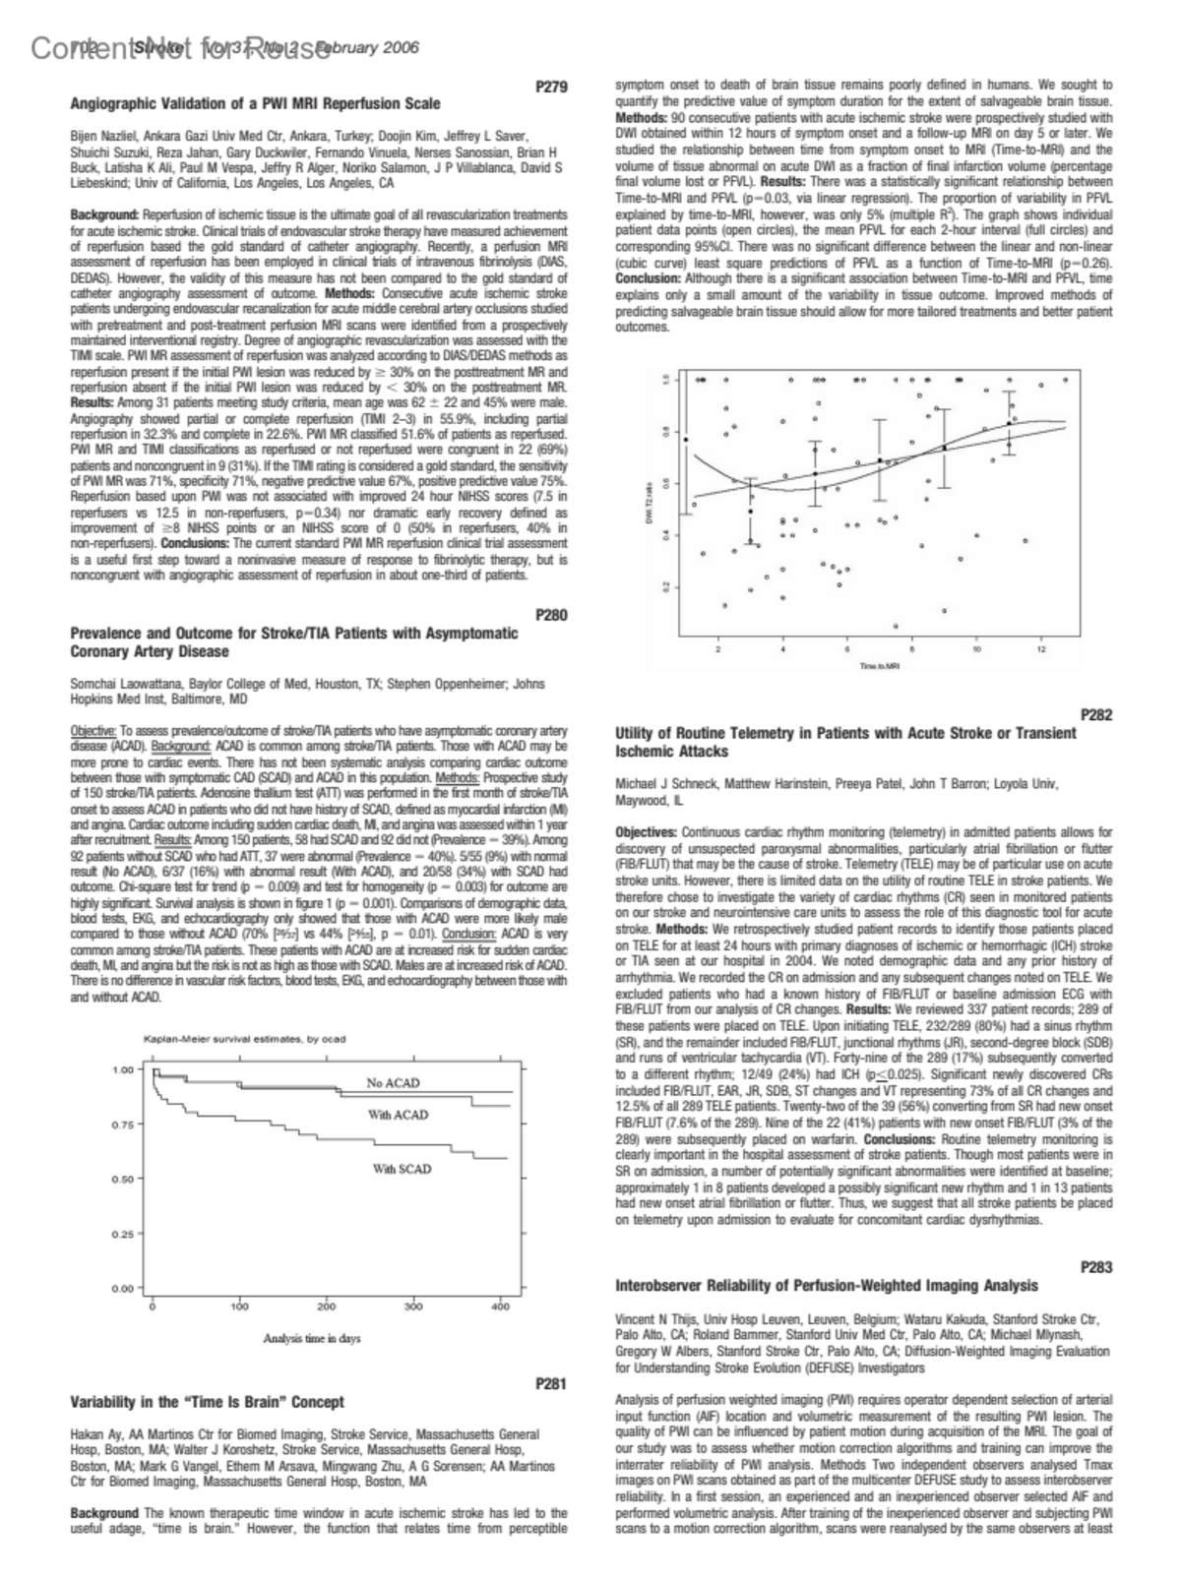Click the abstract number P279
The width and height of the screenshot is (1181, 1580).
[x=552, y=87]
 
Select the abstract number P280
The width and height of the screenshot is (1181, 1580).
[x=552, y=615]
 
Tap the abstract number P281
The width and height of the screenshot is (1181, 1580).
[x=552, y=1383]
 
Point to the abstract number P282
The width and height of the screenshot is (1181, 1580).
[x=1096, y=715]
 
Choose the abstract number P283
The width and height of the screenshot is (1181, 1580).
[x=1096, y=1267]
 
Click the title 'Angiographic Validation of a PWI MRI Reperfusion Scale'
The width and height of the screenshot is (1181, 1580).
[x=256, y=103]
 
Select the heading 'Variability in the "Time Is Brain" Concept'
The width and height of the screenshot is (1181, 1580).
[x=208, y=1401]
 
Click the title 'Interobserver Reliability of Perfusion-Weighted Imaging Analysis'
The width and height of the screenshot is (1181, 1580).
[x=826, y=1285]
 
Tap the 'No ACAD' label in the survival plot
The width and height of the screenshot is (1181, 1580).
[x=393, y=1082]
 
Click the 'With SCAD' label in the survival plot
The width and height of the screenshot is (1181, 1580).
[x=402, y=1169]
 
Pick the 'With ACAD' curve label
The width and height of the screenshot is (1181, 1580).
[x=399, y=1115]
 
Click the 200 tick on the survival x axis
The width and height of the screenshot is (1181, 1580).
[x=327, y=1307]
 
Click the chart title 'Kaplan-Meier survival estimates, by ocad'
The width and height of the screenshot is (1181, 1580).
[x=244, y=1038]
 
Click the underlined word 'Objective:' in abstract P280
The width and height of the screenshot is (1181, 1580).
[x=93, y=730]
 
